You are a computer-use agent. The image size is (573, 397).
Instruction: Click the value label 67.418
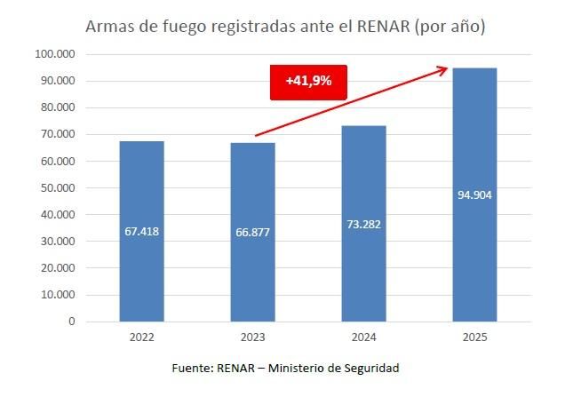click(x=142, y=232)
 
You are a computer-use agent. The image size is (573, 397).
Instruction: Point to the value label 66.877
click(x=253, y=232)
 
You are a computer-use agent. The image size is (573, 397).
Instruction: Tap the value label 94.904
click(x=474, y=195)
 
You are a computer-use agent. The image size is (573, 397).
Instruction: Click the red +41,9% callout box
click(x=308, y=81)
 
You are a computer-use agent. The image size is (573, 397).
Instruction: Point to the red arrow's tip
click(x=447, y=66)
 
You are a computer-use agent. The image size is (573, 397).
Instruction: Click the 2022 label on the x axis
click(x=142, y=337)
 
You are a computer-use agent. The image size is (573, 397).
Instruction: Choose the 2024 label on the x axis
click(x=364, y=337)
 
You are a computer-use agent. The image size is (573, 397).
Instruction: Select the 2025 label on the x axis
click(x=474, y=337)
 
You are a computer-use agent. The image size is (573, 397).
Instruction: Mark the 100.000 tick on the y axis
click(x=56, y=54)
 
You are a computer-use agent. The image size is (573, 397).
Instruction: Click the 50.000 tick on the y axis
click(x=59, y=188)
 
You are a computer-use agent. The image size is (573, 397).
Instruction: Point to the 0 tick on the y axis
click(x=71, y=322)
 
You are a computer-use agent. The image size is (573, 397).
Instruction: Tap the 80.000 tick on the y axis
click(x=59, y=107)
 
